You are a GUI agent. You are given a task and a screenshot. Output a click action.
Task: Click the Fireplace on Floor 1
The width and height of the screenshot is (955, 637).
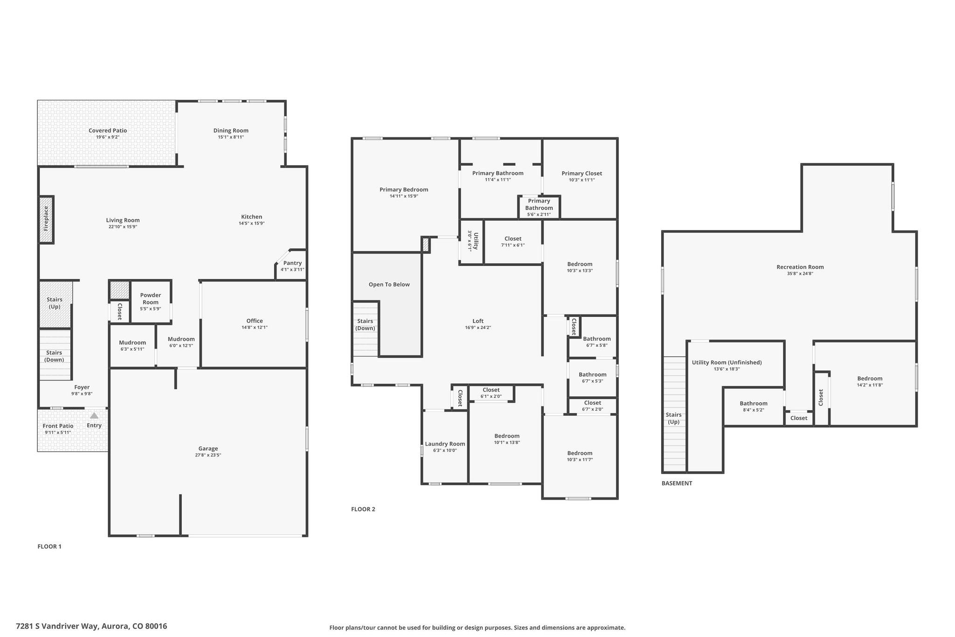[x=46, y=219]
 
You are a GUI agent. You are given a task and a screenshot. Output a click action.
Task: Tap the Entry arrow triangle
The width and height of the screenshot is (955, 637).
[x=94, y=415]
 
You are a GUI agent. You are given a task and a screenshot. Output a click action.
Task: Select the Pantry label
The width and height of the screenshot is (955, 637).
[x=292, y=263]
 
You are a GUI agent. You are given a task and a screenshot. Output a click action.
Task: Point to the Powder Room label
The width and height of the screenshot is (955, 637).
[x=151, y=298]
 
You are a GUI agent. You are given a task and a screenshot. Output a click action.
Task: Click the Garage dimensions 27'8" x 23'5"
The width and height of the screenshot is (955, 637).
[x=208, y=455]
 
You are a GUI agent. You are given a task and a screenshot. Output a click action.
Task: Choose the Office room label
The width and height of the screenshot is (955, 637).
[x=255, y=321]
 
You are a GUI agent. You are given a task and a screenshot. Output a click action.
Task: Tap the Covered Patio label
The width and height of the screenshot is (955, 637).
[x=108, y=131]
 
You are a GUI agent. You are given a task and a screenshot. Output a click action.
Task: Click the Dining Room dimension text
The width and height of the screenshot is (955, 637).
[x=231, y=137]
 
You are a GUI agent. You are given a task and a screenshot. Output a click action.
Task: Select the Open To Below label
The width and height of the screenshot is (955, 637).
[x=389, y=285]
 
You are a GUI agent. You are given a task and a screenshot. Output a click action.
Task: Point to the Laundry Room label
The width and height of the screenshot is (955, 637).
[x=445, y=444]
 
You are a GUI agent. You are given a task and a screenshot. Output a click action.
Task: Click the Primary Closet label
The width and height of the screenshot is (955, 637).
[x=581, y=174]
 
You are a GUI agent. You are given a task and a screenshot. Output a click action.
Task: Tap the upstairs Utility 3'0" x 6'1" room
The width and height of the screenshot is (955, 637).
[x=472, y=241]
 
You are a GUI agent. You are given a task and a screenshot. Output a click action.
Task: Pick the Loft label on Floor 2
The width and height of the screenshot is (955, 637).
[x=478, y=321]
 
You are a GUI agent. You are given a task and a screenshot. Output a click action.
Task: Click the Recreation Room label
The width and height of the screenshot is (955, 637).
[x=800, y=267]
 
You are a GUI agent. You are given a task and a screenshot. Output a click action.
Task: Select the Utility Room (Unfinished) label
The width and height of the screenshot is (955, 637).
[x=727, y=363]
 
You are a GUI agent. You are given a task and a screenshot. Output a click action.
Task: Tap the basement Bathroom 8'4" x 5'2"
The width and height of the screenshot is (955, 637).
[x=753, y=406]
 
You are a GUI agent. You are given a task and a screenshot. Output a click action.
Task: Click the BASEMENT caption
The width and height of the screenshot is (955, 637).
[x=677, y=483]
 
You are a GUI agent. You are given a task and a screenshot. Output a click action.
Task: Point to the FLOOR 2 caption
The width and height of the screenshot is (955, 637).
[x=363, y=509]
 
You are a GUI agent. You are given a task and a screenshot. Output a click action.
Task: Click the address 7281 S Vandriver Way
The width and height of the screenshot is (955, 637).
[x=57, y=626]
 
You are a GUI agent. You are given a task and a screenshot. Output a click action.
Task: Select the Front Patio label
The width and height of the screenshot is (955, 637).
[x=58, y=426]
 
